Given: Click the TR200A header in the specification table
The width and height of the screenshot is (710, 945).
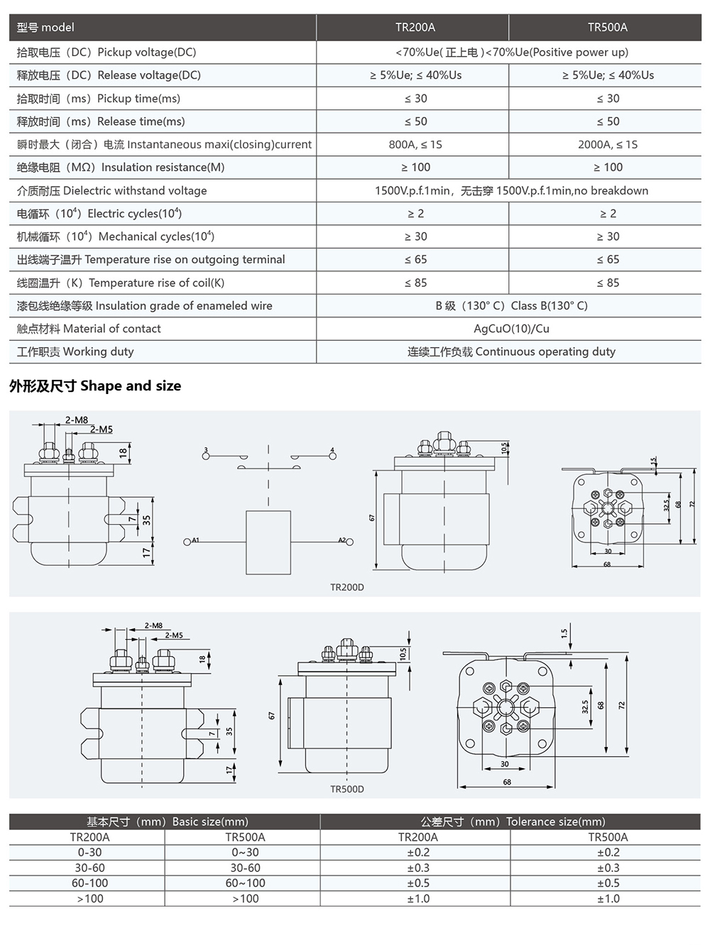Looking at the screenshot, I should click(x=415, y=28).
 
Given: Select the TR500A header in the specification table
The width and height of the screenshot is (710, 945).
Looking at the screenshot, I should click(x=607, y=28).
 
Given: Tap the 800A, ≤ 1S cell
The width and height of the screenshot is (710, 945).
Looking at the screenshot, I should click(x=415, y=144).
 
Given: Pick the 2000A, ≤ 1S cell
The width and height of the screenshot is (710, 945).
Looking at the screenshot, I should click(x=607, y=144).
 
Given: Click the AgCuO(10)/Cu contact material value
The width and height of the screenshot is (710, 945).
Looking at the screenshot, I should click(x=511, y=329).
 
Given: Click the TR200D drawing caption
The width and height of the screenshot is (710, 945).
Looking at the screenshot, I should click(x=346, y=587).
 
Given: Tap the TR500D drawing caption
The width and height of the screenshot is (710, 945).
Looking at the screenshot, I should click(x=346, y=789).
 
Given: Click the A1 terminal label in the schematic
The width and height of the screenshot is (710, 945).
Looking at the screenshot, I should click(x=196, y=540).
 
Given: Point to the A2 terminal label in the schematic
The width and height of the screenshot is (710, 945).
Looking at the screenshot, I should click(x=342, y=540).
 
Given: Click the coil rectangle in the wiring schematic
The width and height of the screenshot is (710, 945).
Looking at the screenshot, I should click(x=268, y=542).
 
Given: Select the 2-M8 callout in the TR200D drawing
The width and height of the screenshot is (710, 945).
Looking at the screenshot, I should click(x=77, y=420).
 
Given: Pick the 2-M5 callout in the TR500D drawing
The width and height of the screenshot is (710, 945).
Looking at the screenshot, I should click(x=173, y=635).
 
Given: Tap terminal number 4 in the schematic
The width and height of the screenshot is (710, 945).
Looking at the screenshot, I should click(x=332, y=450).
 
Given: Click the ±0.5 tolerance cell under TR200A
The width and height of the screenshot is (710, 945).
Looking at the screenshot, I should click(x=418, y=883).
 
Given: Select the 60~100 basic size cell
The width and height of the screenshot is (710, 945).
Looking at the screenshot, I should click(x=245, y=883).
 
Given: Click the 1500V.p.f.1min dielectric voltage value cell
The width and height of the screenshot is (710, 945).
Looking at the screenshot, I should click(x=511, y=190).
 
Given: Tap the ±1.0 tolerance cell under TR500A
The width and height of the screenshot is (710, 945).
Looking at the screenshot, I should click(x=608, y=899).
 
